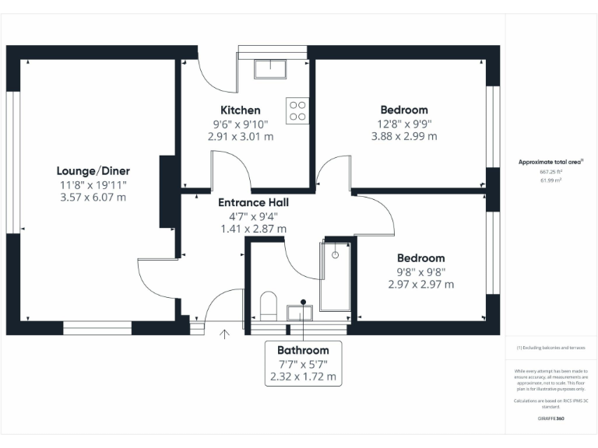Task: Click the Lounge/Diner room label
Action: [93, 171]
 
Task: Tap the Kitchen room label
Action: [240, 110]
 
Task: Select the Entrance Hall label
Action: [253, 202]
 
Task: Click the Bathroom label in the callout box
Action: [303, 350]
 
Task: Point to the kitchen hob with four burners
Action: [297, 110]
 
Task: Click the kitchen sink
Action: [270, 68]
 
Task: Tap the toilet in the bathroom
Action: [267, 305]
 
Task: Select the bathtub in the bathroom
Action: [335, 276]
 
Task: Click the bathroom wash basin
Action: [299, 312]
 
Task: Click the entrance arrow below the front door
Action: [226, 334]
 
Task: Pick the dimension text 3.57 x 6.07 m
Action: [93, 198]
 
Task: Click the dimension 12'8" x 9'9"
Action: [403, 123]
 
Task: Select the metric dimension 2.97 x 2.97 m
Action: [420, 285]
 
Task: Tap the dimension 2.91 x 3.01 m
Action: [240, 136]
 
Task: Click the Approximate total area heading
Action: [551, 162]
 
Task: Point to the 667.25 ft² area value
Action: [551, 171]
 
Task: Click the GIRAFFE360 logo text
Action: [551, 418]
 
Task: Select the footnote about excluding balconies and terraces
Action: [551, 348]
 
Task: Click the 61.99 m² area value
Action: [551, 179]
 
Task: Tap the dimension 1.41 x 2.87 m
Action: [253, 229]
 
